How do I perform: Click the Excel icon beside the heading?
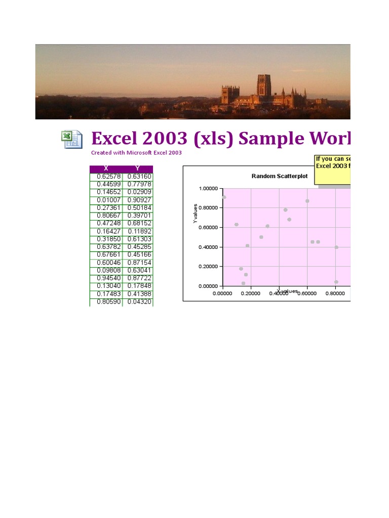72,139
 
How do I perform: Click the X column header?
105,168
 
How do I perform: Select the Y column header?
137,168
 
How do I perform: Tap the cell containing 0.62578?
106,177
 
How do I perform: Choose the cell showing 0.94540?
106,278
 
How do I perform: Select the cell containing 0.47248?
106,224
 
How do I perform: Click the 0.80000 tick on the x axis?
335,293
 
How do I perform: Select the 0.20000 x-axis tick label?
251,293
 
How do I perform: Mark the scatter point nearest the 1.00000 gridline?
224,197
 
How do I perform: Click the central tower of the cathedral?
264,85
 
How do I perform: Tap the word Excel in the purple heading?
113,138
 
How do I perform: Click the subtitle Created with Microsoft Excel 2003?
136,152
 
